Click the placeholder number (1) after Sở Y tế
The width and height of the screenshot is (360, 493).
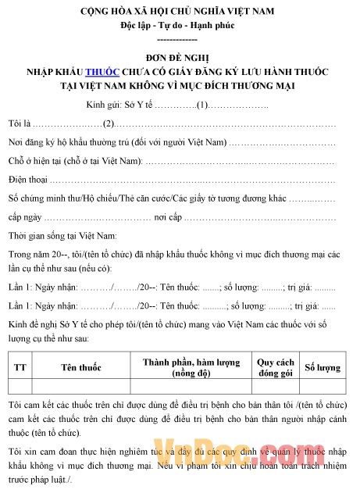point(201,104)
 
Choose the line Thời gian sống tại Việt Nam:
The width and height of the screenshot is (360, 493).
point(62,235)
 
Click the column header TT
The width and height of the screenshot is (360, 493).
point(20,366)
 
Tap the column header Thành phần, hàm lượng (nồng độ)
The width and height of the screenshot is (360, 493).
point(191,366)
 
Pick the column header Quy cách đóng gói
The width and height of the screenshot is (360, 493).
point(275,366)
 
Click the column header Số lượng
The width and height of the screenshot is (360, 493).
point(323,366)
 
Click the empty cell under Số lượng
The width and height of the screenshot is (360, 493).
point(323,386)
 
